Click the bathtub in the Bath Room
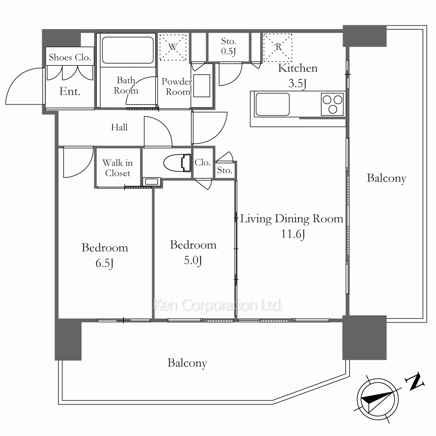tap(128, 50)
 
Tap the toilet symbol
tap(177, 163)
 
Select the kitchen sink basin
tap(272, 104)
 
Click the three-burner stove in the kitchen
tap(332, 104)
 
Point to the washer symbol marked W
tap(173, 47)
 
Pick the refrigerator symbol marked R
tap(277, 47)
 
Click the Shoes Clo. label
tap(70, 57)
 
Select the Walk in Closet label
tap(118, 168)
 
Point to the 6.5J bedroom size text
tap(104, 263)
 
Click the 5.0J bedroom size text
tap(193, 261)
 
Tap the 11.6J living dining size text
tap(293, 234)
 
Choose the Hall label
tap(119, 127)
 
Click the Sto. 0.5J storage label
tap(228, 46)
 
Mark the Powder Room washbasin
tap(201, 85)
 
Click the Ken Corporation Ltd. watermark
tap(218, 305)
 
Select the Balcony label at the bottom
tap(187, 363)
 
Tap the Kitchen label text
tap(297, 68)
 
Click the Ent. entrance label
tap(70, 91)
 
